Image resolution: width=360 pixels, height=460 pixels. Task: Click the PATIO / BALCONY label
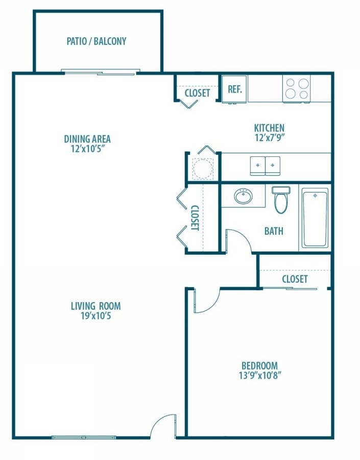[x=97, y=41]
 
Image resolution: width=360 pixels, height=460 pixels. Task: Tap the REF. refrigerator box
[x=234, y=89]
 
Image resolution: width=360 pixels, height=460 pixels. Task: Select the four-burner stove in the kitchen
[x=297, y=88]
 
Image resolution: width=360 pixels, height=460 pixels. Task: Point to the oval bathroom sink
[x=243, y=196]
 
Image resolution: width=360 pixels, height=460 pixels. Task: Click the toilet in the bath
[x=281, y=200]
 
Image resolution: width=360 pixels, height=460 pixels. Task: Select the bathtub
[x=315, y=218]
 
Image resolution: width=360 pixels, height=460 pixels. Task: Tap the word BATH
[x=274, y=232]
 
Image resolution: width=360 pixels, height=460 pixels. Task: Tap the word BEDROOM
[x=259, y=365]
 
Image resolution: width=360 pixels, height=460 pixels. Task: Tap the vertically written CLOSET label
[x=195, y=218]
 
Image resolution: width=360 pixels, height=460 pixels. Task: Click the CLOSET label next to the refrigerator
[x=197, y=93]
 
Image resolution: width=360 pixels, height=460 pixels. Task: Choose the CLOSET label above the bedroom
[x=295, y=279]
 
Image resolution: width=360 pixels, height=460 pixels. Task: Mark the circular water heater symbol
[x=203, y=167]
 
